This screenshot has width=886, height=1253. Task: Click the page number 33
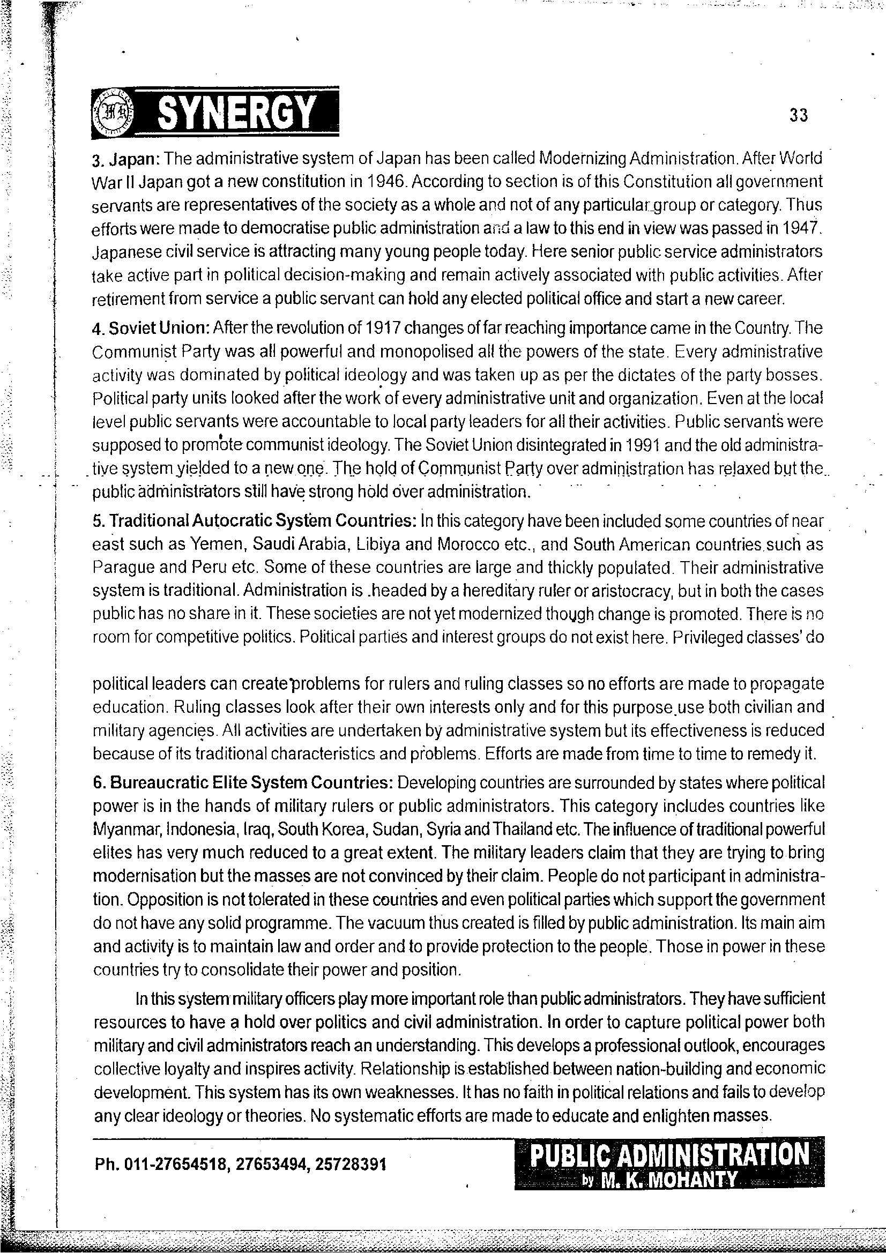pos(798,115)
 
